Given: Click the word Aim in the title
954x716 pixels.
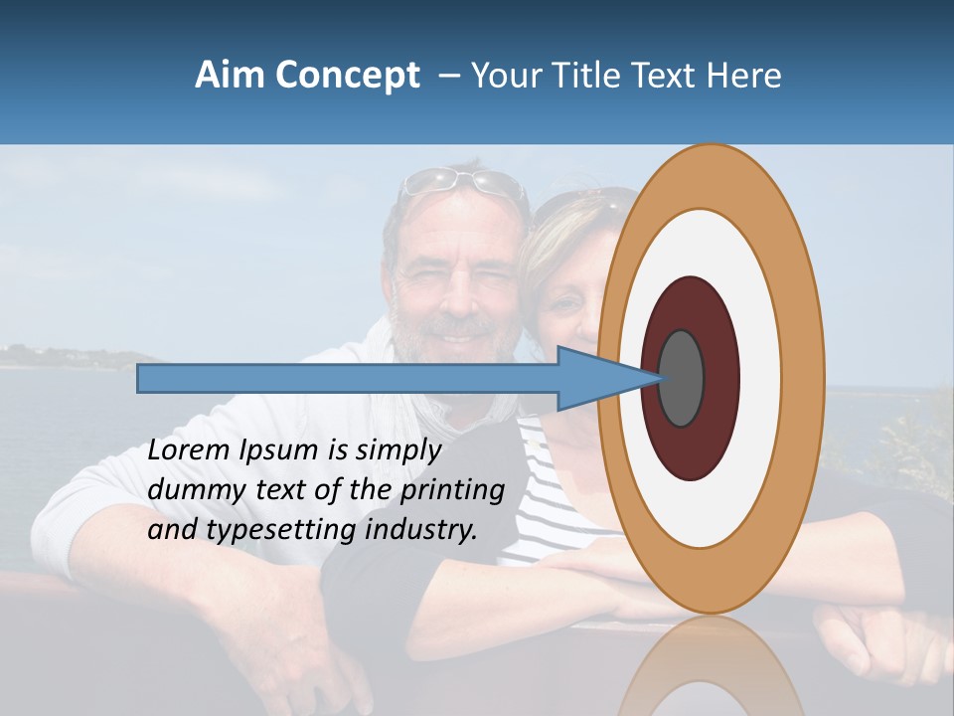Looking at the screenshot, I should pos(225,76).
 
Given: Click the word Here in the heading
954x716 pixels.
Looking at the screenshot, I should pos(743,76).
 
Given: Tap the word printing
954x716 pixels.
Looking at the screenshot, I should pos(452,491).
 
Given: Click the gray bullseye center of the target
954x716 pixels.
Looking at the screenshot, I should pos(681,379).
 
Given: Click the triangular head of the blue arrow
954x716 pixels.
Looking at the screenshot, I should pos(596,379).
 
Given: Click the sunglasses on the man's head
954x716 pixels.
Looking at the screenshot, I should pos(462,182).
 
